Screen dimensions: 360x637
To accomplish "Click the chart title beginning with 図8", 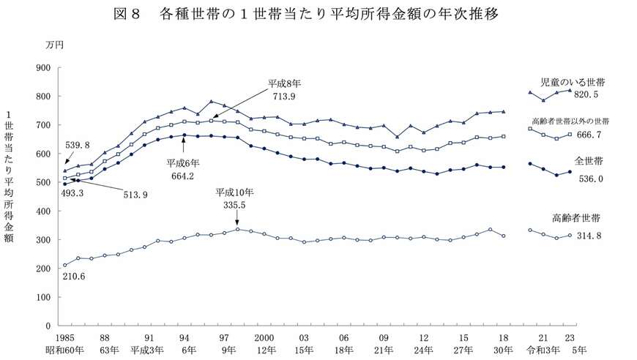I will click(317, 15).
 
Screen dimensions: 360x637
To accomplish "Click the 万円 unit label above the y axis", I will click(55, 45).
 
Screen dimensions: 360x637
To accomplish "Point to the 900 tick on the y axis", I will click(43, 68).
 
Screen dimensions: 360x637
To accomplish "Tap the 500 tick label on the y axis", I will click(43, 183).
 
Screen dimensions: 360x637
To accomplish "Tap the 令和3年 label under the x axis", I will click(540, 350).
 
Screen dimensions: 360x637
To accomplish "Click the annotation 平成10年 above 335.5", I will click(235, 192).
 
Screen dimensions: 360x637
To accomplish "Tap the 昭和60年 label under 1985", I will click(64, 350).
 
